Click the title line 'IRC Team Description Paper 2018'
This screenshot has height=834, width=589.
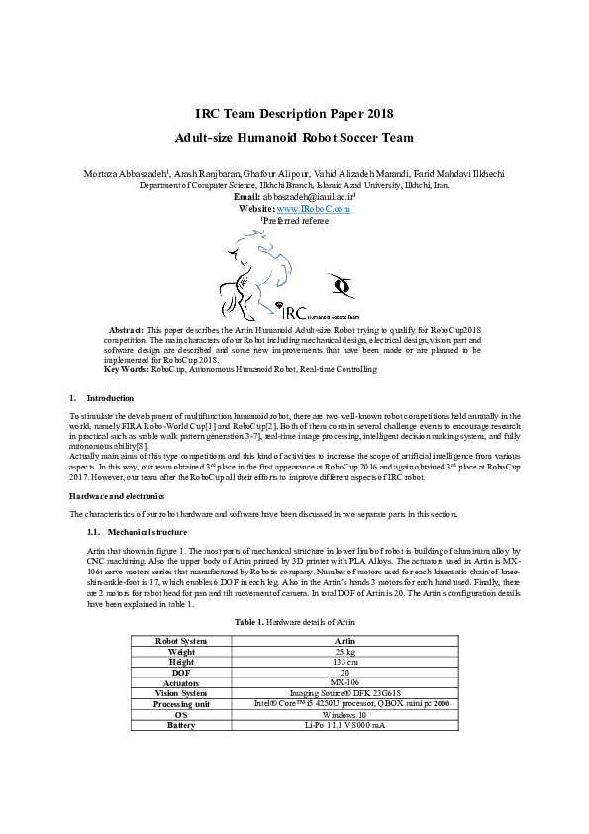click(294, 114)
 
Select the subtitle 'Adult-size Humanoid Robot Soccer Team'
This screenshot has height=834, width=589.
click(294, 138)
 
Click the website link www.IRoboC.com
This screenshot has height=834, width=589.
click(314, 209)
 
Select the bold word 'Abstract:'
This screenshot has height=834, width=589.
click(125, 327)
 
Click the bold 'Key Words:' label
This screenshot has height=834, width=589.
click(127, 369)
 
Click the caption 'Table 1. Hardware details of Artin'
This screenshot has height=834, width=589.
click(294, 621)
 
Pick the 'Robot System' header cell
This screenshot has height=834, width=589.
click(182, 641)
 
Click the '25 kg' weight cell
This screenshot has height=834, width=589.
click(344, 652)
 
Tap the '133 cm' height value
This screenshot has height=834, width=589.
click(344, 662)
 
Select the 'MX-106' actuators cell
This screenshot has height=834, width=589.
click(344, 682)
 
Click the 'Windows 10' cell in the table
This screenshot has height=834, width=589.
click(344, 713)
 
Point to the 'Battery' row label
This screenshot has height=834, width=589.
click(182, 724)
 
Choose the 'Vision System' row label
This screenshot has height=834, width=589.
click(182, 692)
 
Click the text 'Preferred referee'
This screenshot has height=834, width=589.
click(297, 221)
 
